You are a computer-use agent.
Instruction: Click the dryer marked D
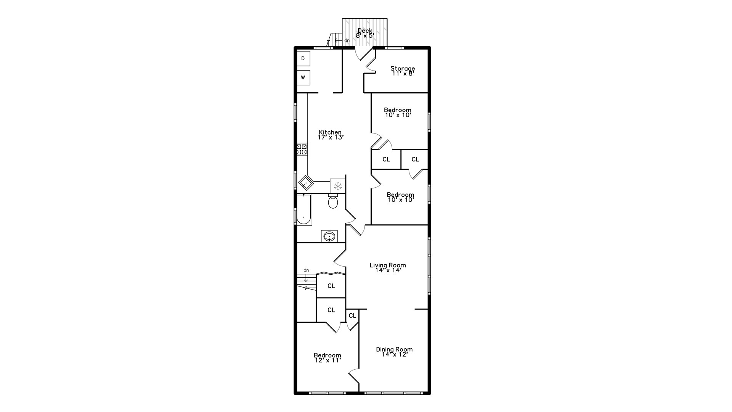pos(303,58)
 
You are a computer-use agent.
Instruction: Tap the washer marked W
pos(303,77)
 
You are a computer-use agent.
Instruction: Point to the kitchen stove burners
pos(302,149)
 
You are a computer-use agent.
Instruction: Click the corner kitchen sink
pos(306,183)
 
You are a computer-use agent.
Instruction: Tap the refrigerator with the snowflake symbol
pos(337,186)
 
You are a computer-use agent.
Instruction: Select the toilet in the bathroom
pos(333,201)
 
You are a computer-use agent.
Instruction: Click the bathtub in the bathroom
pos(304,209)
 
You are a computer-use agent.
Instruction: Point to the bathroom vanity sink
pos(329,237)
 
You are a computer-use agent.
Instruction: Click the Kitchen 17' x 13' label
pos(331,135)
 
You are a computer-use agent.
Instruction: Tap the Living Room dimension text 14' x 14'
pos(388,270)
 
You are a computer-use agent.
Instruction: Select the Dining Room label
pos(395,349)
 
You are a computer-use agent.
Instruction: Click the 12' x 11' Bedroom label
pos(327,357)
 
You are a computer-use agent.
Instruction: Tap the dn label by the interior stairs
pos(306,270)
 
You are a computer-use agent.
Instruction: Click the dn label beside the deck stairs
pos(347,40)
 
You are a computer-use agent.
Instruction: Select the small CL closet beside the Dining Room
pos(352,315)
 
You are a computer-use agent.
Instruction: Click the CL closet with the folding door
pos(331,286)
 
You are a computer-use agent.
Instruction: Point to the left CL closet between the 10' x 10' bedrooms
pos(386,159)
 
